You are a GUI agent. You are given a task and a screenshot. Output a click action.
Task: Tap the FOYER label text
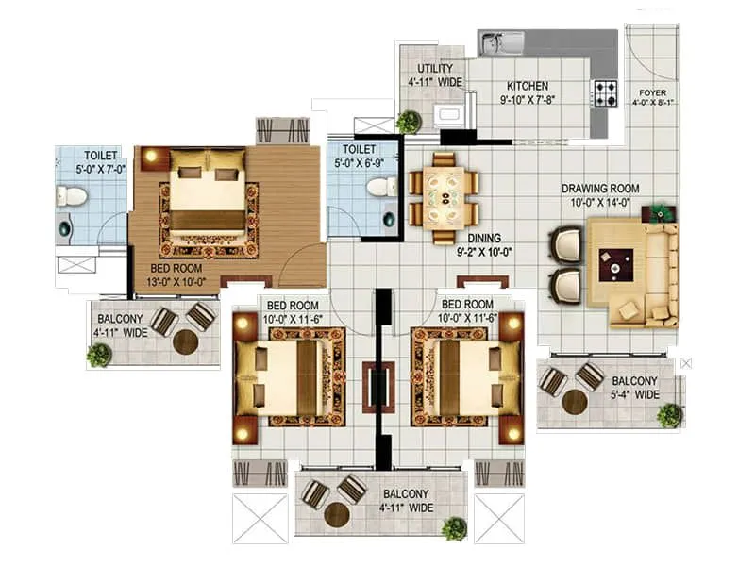pos(652,92)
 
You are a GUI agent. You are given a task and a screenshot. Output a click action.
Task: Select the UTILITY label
pos(434,69)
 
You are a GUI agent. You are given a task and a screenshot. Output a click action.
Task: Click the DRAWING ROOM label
pos(600,189)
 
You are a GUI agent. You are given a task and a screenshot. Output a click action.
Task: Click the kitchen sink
pos(502,42)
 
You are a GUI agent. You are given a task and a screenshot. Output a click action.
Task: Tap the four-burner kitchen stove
pos(604,92)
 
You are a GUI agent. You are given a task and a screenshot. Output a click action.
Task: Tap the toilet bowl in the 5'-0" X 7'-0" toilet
pos(71,196)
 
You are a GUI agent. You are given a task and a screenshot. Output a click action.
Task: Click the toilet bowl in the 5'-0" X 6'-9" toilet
pos(379,187)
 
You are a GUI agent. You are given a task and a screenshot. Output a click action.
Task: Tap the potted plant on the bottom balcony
pos(455,528)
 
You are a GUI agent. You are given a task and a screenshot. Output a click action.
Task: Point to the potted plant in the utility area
pos(409,122)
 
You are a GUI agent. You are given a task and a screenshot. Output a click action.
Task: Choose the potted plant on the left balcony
pos(99,356)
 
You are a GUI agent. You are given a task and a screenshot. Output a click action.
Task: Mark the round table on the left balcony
pos(186,341)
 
